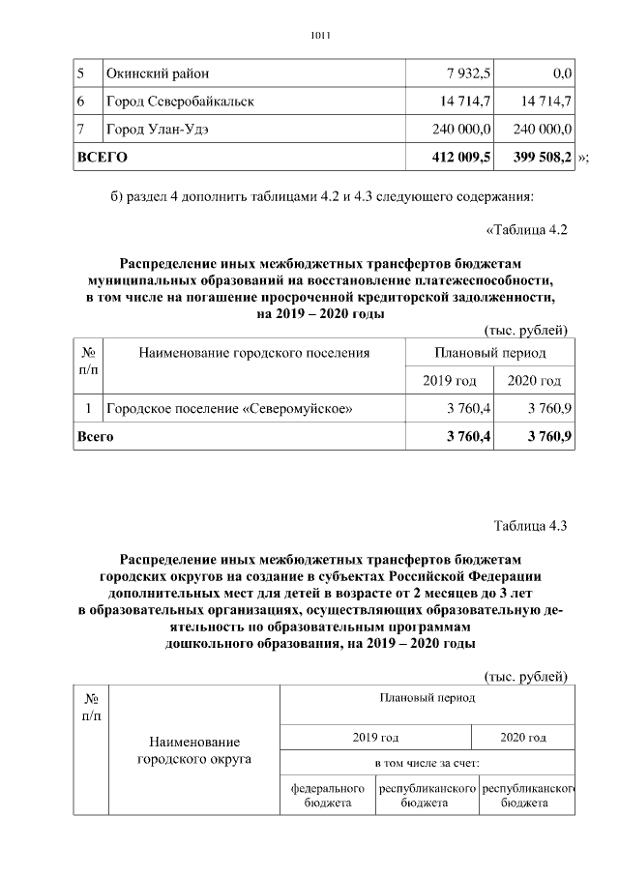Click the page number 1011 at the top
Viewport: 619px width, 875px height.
pyautogui.click(x=320, y=37)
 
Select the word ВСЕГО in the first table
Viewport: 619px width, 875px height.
pyautogui.click(x=103, y=155)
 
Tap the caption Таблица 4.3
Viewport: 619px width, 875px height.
pyautogui.click(x=529, y=526)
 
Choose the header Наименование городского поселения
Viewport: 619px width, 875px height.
pyautogui.click(x=254, y=353)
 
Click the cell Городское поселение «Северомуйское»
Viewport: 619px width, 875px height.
pyautogui.click(x=228, y=409)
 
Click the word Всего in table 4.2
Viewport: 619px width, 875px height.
pyautogui.click(x=96, y=437)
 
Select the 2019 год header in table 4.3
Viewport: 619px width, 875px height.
pyautogui.click(x=375, y=737)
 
